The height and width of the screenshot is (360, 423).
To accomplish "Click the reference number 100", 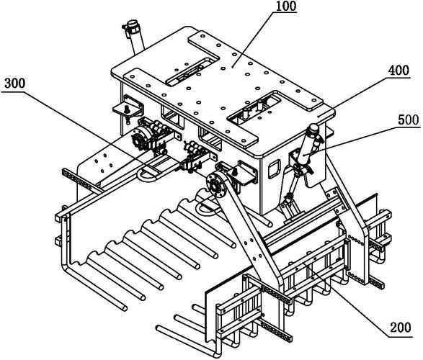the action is click(x=286, y=6).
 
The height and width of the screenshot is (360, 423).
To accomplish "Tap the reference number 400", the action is click(x=398, y=71).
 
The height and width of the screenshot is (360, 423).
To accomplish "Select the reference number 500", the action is click(x=409, y=120).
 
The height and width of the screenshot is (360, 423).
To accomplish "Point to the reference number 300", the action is click(x=15, y=84).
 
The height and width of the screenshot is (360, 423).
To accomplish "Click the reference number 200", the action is click(x=401, y=328).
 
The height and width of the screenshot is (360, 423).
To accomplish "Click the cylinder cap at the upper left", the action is click(x=133, y=24).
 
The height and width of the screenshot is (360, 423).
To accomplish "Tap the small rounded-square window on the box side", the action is click(x=274, y=168).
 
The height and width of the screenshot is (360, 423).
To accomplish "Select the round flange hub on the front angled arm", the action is click(x=215, y=185).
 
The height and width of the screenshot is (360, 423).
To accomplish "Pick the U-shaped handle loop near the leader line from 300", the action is click(x=148, y=176).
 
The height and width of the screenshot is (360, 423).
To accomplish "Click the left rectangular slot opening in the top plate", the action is click(x=192, y=71).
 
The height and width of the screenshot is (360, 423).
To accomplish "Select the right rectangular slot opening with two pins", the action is click(x=254, y=108).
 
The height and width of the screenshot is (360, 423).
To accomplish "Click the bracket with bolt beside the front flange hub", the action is click(x=242, y=174).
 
